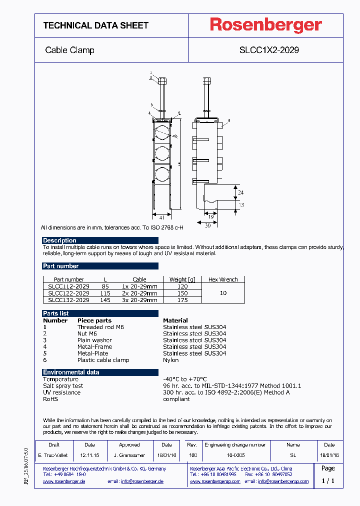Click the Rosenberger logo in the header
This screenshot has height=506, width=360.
point(265,25)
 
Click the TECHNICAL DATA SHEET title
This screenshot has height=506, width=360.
point(95,25)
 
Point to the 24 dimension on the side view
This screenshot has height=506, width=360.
point(240,192)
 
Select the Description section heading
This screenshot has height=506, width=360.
point(59,240)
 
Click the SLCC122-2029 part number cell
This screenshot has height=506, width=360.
point(68,293)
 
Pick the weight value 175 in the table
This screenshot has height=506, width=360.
point(182,300)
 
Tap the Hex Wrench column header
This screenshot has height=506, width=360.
point(223,279)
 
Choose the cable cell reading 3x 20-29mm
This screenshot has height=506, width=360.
point(139,300)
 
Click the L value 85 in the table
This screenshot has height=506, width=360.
point(105,286)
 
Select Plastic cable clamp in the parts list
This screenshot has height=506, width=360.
point(103,360)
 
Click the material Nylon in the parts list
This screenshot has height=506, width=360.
point(171,360)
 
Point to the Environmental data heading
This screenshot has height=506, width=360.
point(71,372)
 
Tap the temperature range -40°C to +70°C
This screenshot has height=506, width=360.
point(184,379)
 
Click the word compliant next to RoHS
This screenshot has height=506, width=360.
point(176,399)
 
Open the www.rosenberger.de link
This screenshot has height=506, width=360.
point(64,481)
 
